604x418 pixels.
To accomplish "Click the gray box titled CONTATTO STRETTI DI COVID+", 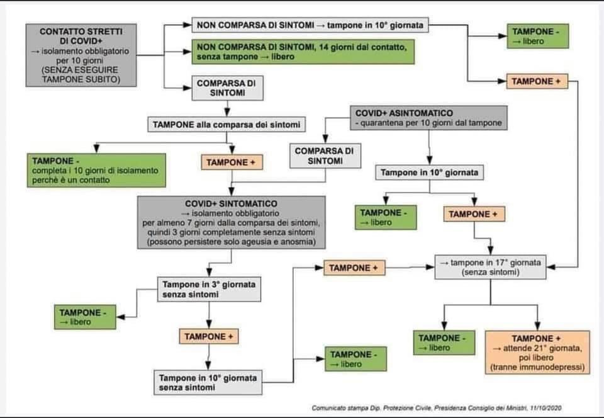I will coord(80,55).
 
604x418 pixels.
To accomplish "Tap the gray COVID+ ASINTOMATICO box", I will coord(428,118).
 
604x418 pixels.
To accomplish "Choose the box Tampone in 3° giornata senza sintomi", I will coord(208,289).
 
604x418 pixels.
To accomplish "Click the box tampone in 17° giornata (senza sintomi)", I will coord(491,268).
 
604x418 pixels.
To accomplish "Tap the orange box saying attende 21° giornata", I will coord(537,352).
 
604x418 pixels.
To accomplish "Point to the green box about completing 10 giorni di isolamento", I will coord(96,170).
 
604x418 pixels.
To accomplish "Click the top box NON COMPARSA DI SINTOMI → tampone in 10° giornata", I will coord(311,26).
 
